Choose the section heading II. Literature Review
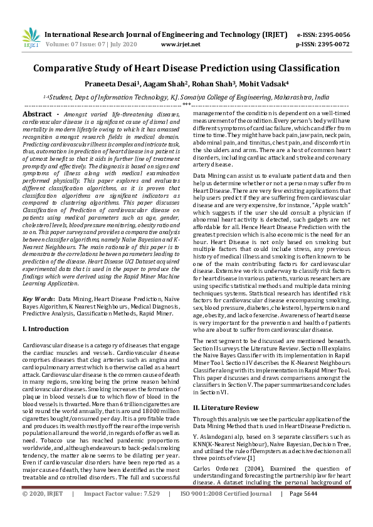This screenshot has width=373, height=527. coord(226,407)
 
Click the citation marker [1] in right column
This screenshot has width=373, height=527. coord(252,458)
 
